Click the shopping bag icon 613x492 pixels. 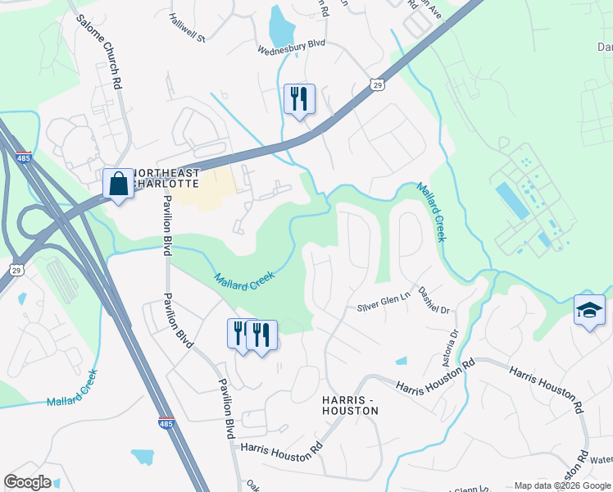tap(119, 184)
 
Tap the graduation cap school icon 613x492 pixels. tap(589, 310)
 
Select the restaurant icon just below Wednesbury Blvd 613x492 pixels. tap(299, 99)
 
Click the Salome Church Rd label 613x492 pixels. tap(101, 52)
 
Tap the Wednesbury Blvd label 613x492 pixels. tap(293, 47)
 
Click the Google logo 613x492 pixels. tap(27, 482)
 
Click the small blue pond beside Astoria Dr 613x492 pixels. tap(400, 361)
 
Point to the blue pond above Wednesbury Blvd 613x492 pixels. tap(281, 27)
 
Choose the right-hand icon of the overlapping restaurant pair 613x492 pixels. tap(262, 335)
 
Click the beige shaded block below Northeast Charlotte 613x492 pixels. tap(205, 189)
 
